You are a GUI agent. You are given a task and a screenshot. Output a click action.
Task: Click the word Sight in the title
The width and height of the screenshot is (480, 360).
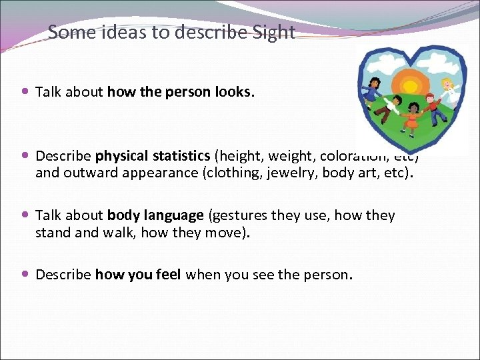[x=273, y=33]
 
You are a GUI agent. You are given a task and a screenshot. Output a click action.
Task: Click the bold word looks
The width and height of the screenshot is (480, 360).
[x=234, y=92]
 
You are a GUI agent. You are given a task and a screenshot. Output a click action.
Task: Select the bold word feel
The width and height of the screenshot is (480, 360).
[x=167, y=275]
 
